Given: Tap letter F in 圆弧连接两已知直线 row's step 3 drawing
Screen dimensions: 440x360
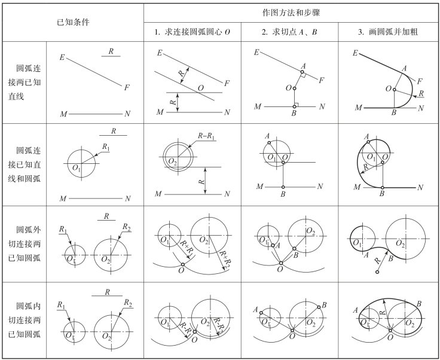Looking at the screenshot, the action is pos(419,81).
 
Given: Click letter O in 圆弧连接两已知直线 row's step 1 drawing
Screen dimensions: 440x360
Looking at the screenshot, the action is pos(201,87).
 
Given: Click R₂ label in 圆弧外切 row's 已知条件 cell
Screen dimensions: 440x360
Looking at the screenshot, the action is pos(126,227).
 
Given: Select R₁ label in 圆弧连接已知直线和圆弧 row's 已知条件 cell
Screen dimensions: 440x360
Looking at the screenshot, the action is pos(106,146).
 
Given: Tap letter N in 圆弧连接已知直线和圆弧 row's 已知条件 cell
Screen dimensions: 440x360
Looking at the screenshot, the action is pos(127,198).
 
